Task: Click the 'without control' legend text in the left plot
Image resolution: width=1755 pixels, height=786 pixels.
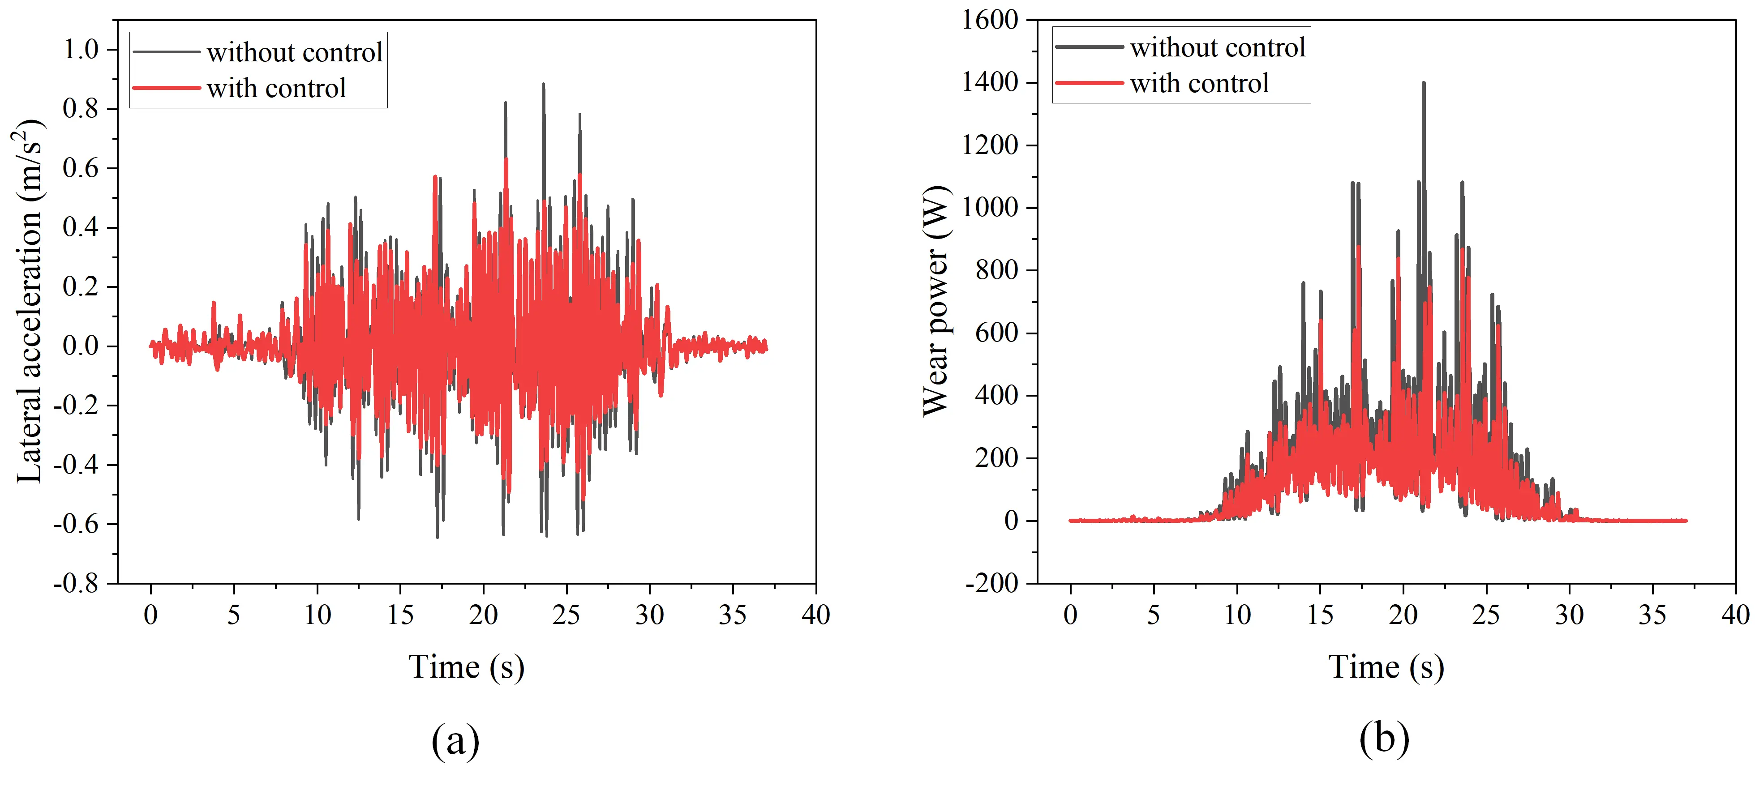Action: pos(294,52)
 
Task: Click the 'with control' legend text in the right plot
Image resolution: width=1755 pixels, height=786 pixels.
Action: pos(1199,84)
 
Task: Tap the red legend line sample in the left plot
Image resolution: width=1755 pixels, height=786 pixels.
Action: pos(166,88)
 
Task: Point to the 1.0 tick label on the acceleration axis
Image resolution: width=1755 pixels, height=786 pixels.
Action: pos(81,49)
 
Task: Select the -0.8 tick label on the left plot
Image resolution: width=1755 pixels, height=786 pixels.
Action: pos(76,584)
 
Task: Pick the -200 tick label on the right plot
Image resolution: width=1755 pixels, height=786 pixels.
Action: pos(991,584)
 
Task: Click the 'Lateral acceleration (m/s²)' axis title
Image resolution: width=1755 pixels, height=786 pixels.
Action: pos(29,301)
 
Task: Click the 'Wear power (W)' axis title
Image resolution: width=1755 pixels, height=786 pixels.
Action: pos(936,300)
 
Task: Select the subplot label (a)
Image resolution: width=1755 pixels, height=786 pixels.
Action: pos(455,740)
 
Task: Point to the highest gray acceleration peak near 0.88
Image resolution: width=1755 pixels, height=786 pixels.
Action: pos(543,85)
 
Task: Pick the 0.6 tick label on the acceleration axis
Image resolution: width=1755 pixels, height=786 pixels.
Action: pos(81,168)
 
